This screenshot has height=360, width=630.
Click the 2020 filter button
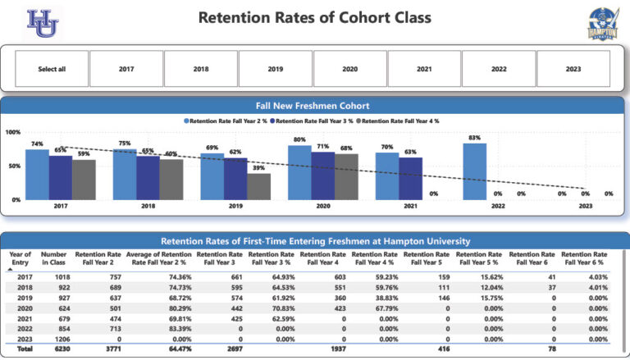[349, 69]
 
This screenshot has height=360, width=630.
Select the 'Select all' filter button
[52, 69]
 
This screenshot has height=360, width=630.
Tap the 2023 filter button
[573, 69]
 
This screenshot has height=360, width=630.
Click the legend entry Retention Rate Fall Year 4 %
[399, 121]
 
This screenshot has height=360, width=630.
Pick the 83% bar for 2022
[474, 171]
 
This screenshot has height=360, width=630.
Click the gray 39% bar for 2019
[258, 186]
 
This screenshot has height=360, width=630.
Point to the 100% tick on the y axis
[13, 132]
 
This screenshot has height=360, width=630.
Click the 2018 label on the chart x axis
[148, 207]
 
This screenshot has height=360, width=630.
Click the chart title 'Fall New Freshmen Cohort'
[314, 106]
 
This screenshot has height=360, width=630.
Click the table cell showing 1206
[59, 338]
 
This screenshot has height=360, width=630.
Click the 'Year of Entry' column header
[20, 258]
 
